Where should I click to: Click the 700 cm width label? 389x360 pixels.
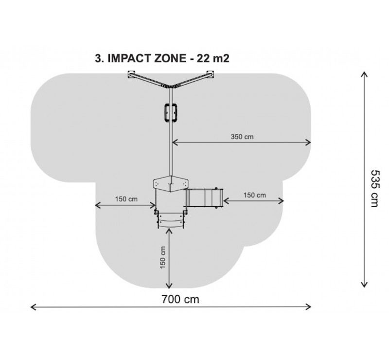pos(180,299)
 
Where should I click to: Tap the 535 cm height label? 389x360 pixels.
pos(374,188)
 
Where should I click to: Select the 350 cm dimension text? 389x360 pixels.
pos(242,137)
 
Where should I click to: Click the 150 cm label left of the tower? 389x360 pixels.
pos(126,199)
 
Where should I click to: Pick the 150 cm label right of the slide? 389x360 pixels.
pos(254,195)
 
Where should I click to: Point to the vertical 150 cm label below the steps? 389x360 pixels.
pos(162,257)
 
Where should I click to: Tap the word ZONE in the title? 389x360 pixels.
pos(170,58)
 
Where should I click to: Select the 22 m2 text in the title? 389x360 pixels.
pos(213,58)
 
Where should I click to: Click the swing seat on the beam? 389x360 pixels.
pos(171,113)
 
